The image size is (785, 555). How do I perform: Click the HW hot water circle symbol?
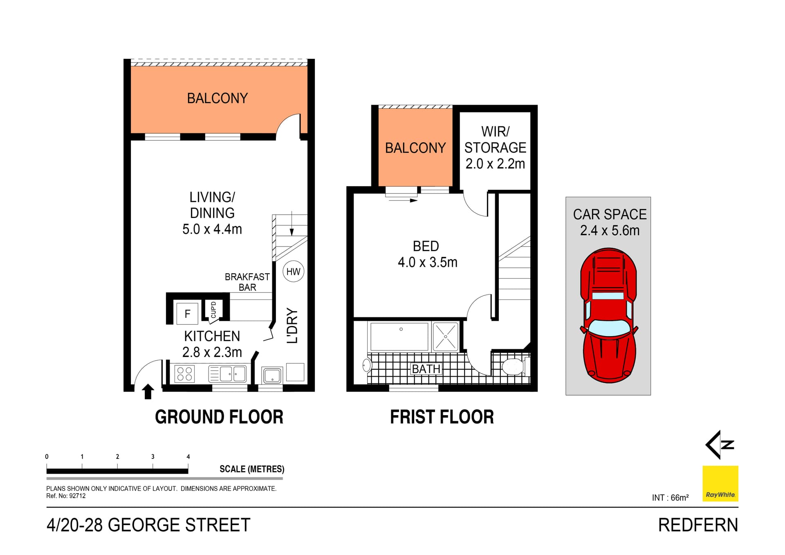click(x=293, y=272)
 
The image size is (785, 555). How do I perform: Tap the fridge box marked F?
click(x=187, y=314)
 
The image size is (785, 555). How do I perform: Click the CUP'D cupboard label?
click(x=213, y=310)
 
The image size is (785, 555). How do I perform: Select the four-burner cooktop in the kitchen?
click(x=184, y=374)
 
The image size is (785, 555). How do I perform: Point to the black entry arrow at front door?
click(x=148, y=391)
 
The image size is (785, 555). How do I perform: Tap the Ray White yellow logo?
click(x=720, y=483)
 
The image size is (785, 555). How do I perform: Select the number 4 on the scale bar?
click(x=188, y=456)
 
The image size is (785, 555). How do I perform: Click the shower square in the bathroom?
click(x=445, y=337)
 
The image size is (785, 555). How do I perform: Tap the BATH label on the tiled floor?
click(x=426, y=369)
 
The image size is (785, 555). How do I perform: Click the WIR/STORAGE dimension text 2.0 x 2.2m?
click(x=495, y=164)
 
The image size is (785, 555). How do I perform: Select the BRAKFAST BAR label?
click(x=247, y=282)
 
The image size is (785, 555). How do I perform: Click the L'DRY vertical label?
click(x=292, y=326)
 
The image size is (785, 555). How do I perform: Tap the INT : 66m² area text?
click(x=670, y=498)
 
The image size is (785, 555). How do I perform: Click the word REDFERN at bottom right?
click(x=698, y=525)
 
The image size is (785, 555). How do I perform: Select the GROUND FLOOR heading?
click(x=219, y=417)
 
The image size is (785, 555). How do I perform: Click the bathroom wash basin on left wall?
click(x=366, y=365)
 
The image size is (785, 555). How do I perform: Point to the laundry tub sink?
click(x=272, y=375)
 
